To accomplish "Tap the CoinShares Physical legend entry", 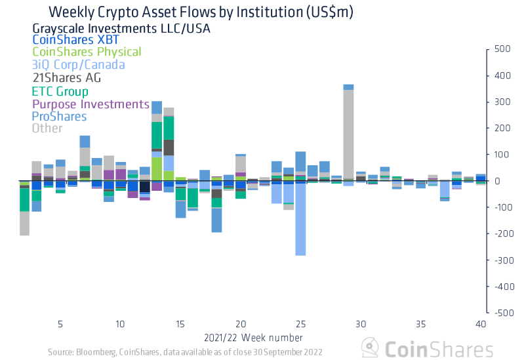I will (87, 52).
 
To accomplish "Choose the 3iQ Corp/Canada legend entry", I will (78, 65).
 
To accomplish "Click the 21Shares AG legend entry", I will (66, 77).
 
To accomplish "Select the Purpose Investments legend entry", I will (91, 104).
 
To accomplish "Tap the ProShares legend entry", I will (59, 116).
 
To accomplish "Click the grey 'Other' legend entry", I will (47, 129).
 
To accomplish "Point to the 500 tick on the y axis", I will (502, 49).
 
